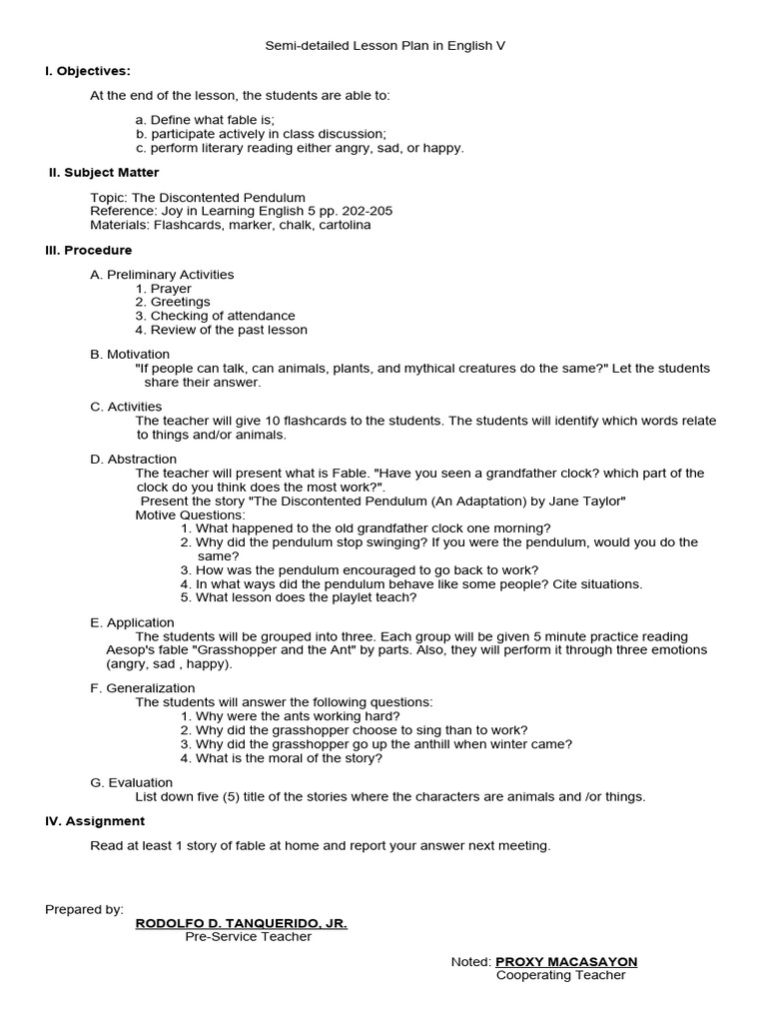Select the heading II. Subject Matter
[x=104, y=173]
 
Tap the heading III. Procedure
[x=88, y=251]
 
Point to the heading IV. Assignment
[x=95, y=821]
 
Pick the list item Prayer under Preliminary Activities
[x=171, y=289]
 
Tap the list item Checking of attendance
[x=223, y=316]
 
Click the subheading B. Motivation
[x=130, y=355]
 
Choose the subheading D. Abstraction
[x=133, y=460]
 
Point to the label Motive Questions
[x=190, y=514]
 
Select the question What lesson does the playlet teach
[x=306, y=597]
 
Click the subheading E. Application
[x=132, y=623]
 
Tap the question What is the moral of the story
[x=289, y=758]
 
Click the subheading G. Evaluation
[x=131, y=783]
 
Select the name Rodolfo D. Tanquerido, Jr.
[x=241, y=924]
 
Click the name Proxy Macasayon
[x=559, y=962]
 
